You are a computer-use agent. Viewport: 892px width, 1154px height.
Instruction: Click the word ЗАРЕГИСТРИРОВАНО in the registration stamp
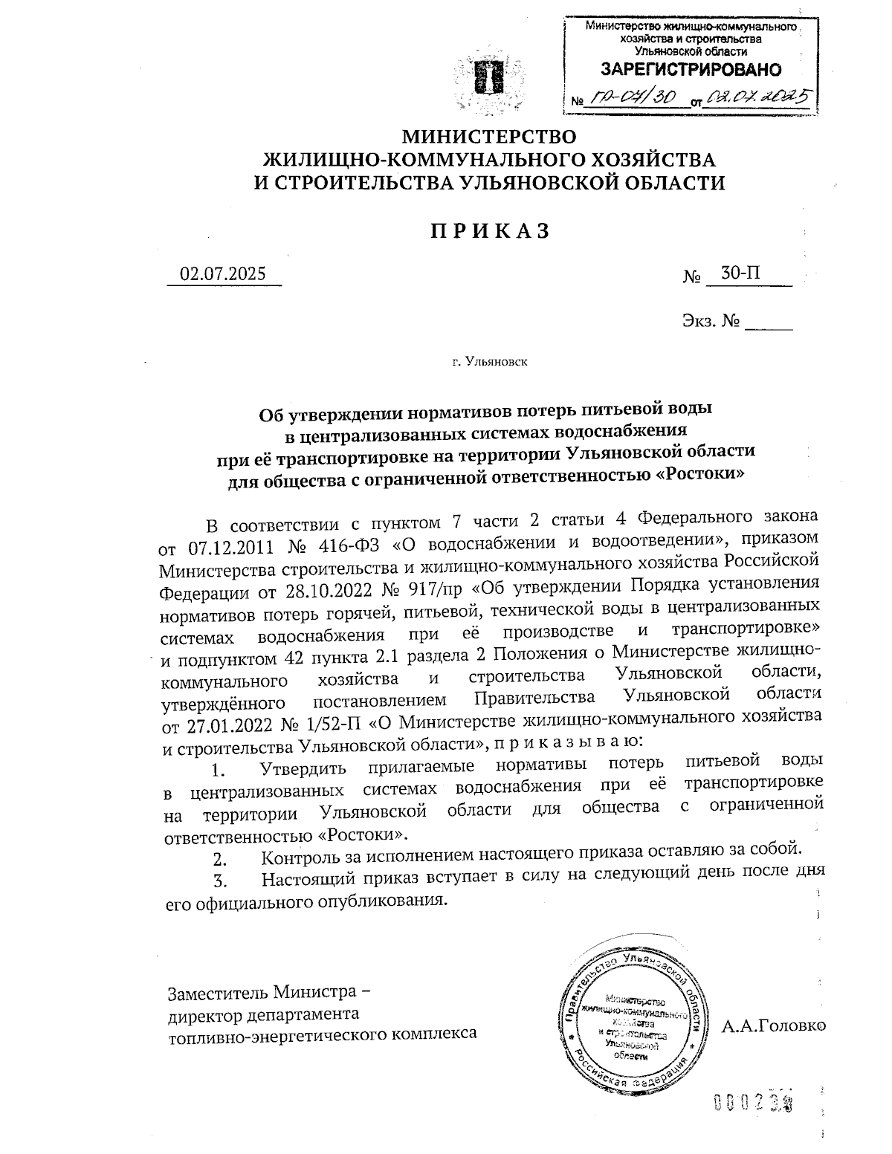pos(691,71)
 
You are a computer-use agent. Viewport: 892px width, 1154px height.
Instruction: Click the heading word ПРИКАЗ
pos(489,231)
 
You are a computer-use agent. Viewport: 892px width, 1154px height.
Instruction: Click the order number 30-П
pos(740,273)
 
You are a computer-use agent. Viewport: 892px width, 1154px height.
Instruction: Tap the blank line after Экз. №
pos(769,324)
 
